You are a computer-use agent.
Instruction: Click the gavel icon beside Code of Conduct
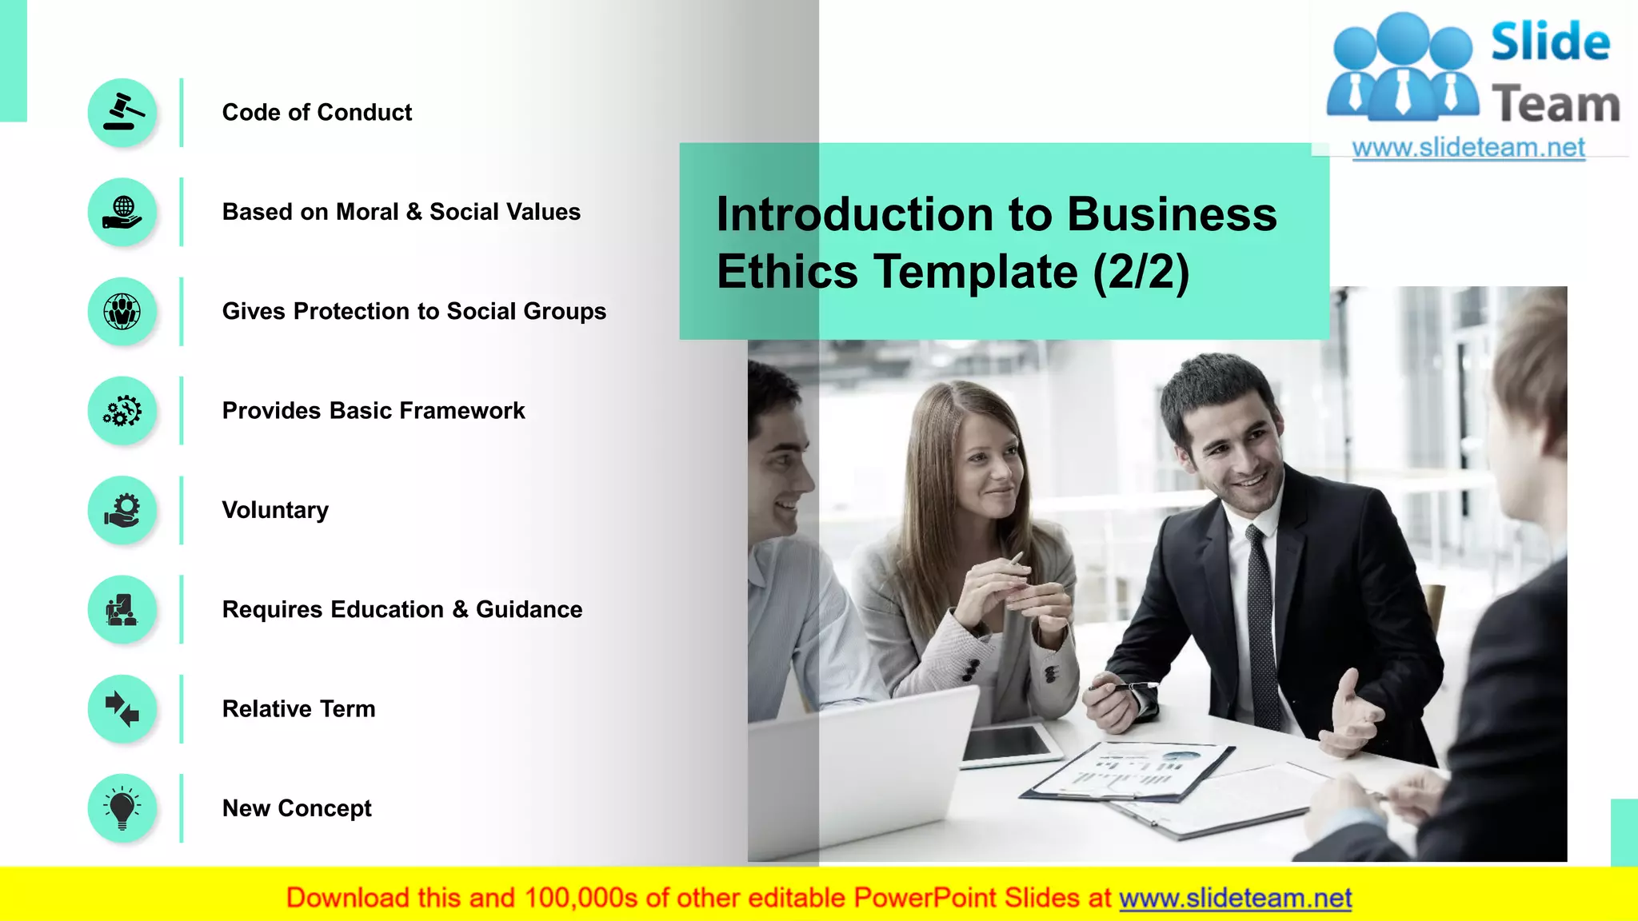[122, 113]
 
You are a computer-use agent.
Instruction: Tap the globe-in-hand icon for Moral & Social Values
[122, 212]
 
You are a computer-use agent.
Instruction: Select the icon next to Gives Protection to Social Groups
[122, 312]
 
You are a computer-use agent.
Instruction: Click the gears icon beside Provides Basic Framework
[122, 411]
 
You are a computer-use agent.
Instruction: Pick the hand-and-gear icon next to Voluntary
[122, 510]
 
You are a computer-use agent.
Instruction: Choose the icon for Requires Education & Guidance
[122, 610]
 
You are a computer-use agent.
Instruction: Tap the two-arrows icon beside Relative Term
[122, 709]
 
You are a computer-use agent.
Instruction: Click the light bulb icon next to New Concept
[122, 808]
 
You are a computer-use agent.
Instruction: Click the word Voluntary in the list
[275, 510]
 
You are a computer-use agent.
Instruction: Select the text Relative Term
[298, 709]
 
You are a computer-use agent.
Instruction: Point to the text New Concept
[297, 808]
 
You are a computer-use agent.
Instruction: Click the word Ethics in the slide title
[787, 272]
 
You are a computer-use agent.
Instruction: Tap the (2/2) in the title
[1141, 272]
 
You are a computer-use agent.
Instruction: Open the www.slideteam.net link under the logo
[1468, 148]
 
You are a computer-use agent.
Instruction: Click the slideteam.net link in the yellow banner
[1235, 898]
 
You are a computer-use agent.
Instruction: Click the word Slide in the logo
[1550, 42]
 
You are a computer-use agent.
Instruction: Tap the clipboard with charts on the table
[1128, 772]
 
